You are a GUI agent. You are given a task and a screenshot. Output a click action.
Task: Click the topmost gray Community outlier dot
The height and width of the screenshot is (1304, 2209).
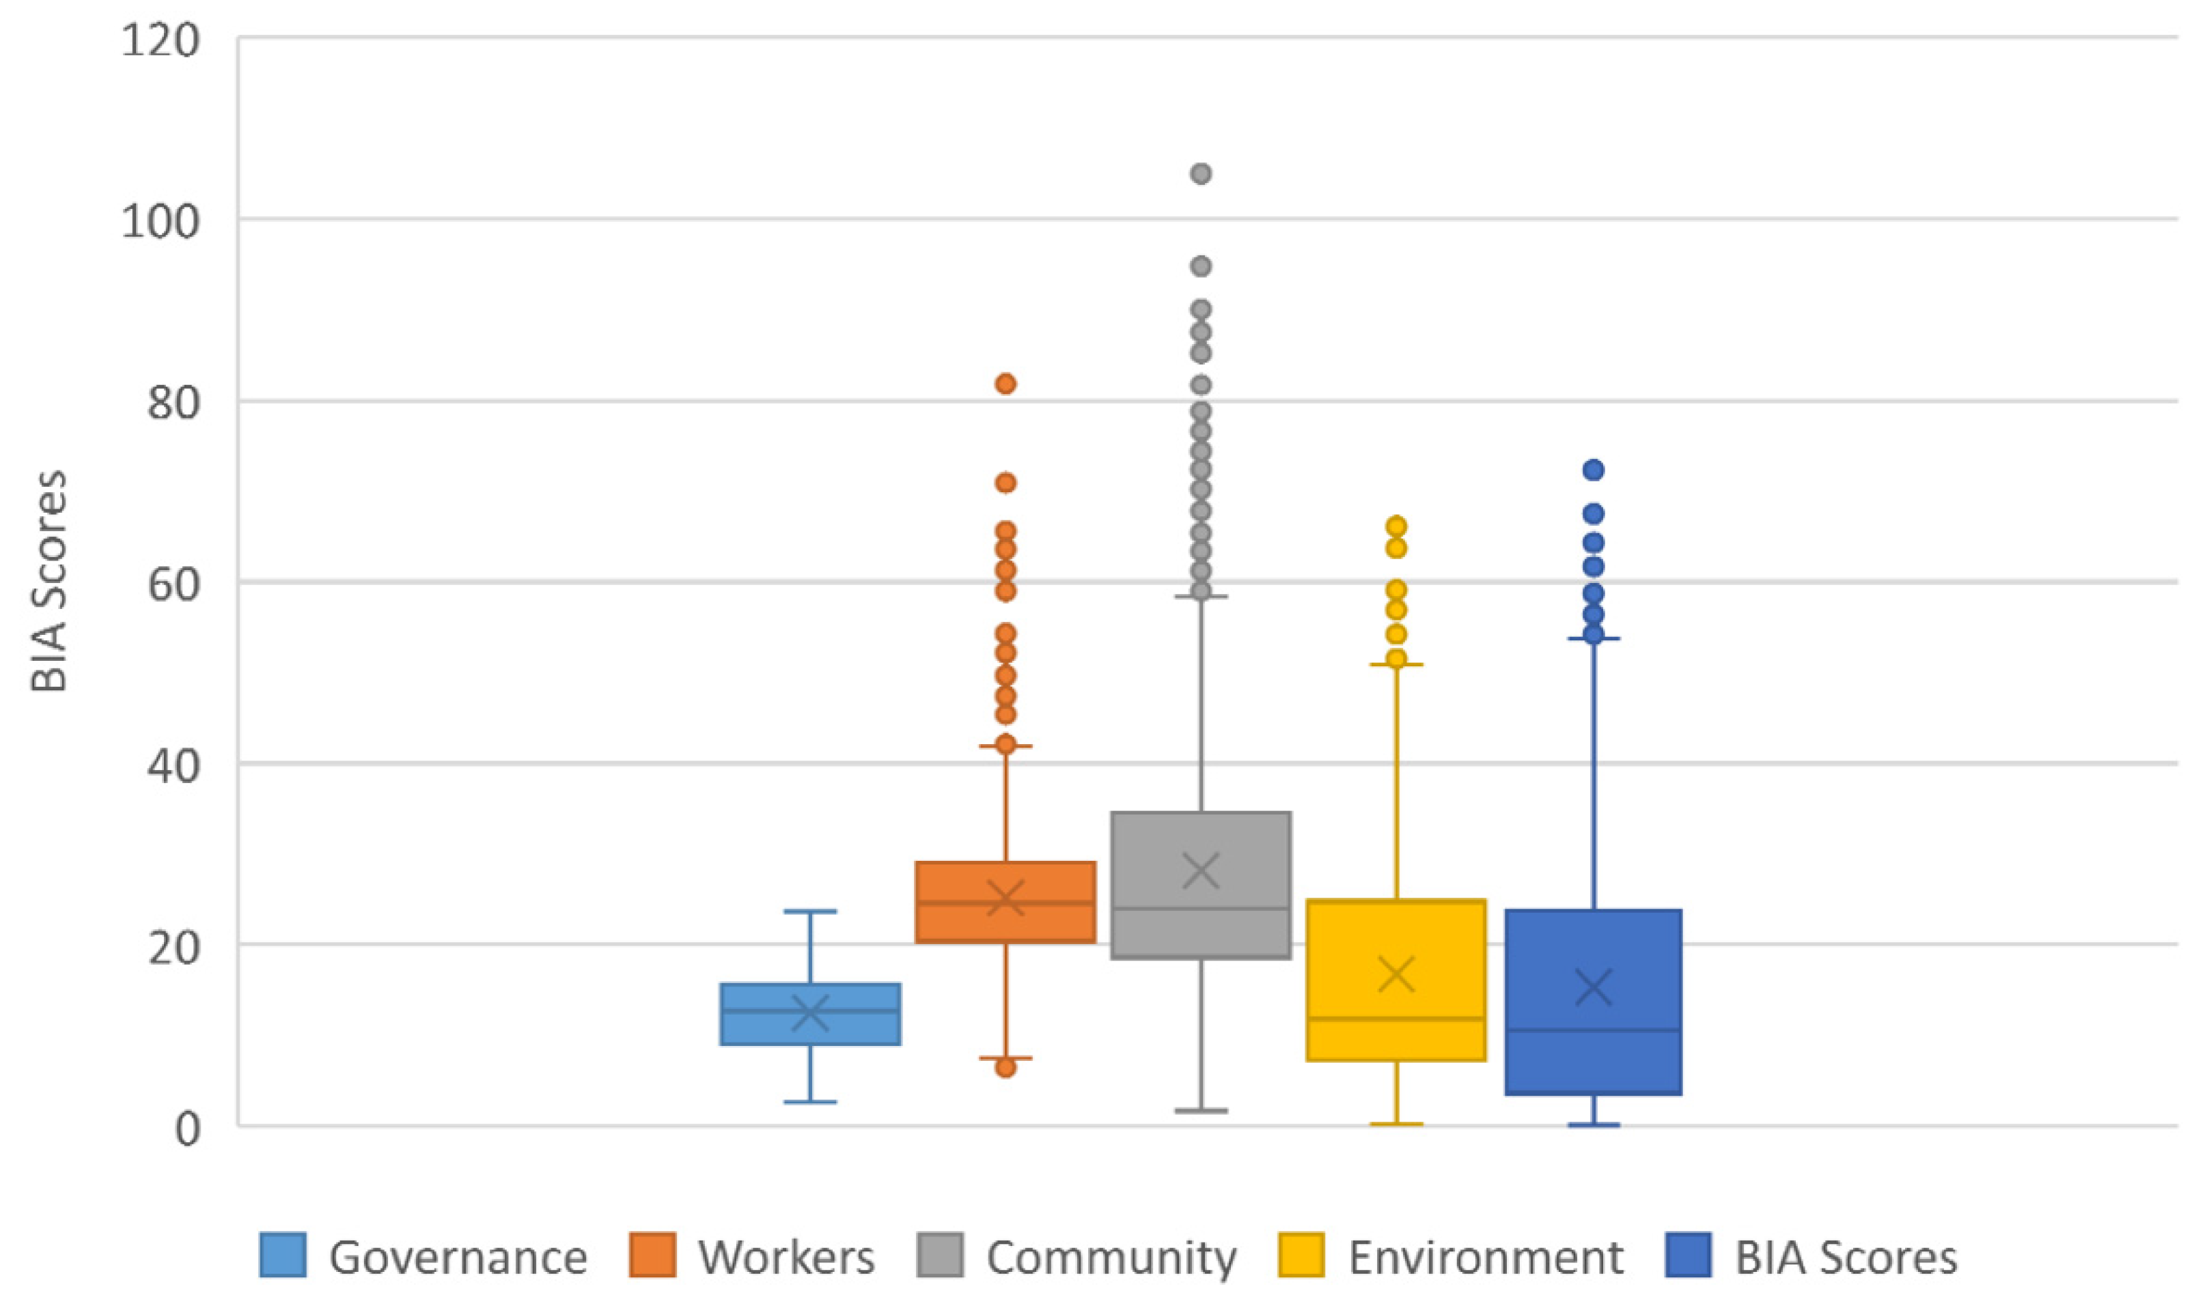point(1201,174)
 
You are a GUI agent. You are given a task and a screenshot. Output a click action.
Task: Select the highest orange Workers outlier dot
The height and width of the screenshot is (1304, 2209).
point(1005,384)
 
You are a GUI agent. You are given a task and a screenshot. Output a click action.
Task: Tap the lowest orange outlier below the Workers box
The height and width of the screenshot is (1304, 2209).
point(1005,1068)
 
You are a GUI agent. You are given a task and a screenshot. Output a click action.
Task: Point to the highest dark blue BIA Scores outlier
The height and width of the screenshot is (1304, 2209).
point(1594,470)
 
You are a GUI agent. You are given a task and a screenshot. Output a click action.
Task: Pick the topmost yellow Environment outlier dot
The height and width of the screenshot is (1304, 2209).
point(1396,527)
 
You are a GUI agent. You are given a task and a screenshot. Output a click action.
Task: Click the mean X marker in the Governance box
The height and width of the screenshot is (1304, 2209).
point(809,1012)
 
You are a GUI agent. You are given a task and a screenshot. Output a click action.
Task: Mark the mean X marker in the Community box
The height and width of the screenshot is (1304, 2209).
point(1201,872)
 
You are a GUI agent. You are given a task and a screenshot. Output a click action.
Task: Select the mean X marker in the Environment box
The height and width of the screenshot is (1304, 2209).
point(1396,974)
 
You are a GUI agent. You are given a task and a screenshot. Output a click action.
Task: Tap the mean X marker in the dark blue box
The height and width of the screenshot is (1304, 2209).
point(1594,988)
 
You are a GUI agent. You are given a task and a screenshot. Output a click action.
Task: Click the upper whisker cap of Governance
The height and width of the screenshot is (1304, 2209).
point(809,911)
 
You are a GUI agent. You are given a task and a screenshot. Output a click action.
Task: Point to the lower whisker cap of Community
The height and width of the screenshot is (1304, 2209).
point(1201,1111)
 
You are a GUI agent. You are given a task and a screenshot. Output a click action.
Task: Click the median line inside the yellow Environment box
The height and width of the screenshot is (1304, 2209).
point(1396,1019)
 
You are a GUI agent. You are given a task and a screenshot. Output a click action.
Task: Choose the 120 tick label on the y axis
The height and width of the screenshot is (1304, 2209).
point(160,41)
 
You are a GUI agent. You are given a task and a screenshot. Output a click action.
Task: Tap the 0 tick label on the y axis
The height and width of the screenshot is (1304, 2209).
point(187,1129)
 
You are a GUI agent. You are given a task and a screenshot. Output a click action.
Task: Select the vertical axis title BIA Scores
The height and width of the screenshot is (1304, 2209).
point(49,582)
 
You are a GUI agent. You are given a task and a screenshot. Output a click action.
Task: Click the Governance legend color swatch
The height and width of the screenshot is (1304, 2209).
point(283,1255)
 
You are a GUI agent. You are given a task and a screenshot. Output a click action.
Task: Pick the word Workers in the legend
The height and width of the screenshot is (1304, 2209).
point(787,1258)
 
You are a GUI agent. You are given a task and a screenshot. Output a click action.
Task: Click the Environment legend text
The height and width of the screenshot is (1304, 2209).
point(1486,1258)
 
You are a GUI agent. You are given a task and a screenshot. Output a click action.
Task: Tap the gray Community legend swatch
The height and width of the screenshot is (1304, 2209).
point(940,1255)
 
